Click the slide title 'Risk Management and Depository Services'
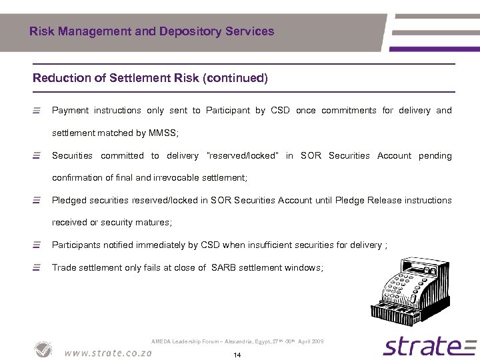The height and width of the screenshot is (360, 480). coord(152,31)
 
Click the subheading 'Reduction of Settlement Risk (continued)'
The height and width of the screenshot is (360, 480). coord(150,78)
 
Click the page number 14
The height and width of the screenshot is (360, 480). coord(237,355)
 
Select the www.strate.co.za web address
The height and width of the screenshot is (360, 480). coord(108,353)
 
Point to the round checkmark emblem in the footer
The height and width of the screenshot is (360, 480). coord(43,349)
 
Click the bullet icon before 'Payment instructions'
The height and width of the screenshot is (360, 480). coord(37,111)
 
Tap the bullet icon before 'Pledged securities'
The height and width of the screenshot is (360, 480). coord(37,200)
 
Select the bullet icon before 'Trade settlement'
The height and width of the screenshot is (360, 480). coord(37,267)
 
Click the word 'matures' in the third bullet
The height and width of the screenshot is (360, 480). coord(154,223)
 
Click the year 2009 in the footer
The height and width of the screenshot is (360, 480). coord(317,341)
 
